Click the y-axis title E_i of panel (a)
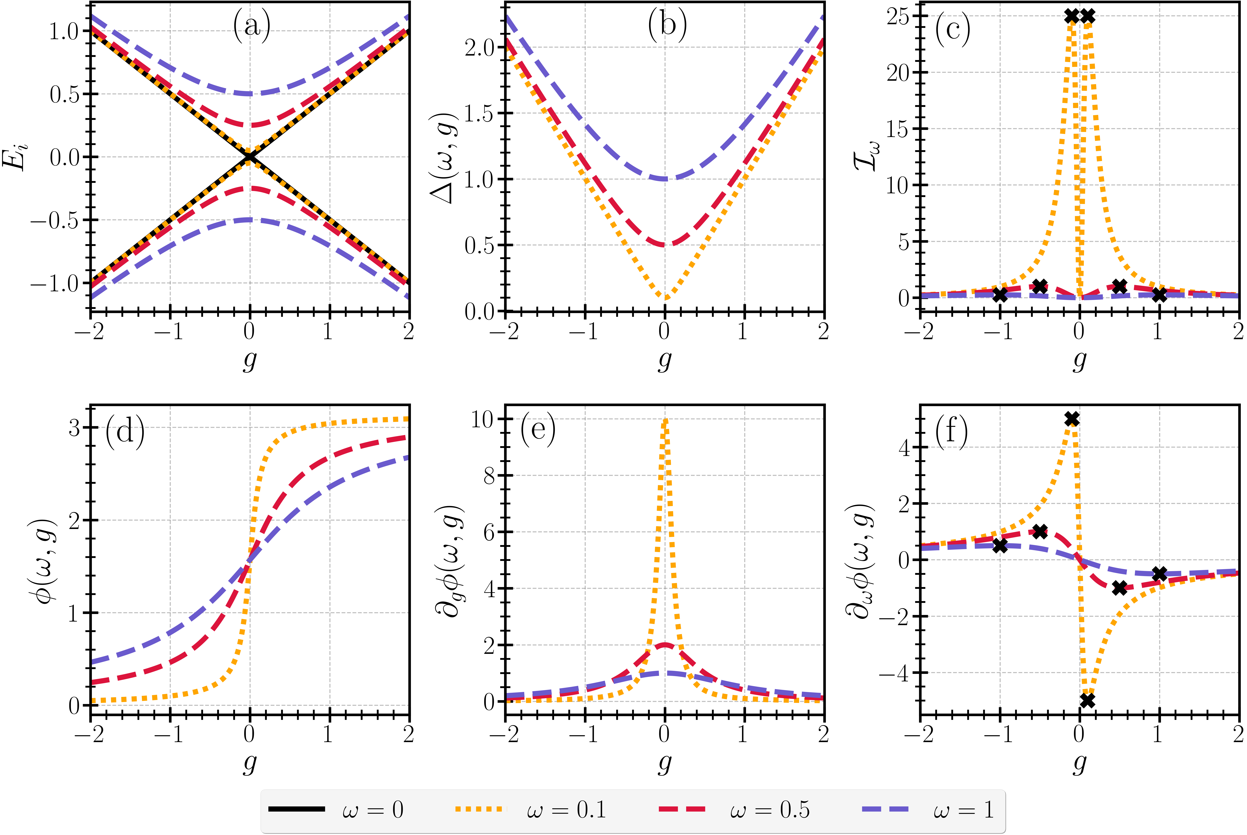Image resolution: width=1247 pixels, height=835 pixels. pos(16,157)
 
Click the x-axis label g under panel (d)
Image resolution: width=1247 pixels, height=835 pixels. pos(249,763)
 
